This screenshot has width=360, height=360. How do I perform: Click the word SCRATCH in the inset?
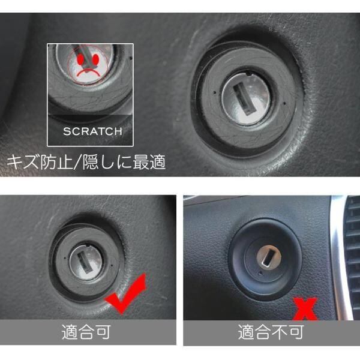click(92, 131)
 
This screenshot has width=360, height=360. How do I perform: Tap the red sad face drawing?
click(88, 65)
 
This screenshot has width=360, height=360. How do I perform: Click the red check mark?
click(125, 293)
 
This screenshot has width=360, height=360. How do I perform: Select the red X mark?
click(305, 308)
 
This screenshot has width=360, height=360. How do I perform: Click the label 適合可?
click(86, 332)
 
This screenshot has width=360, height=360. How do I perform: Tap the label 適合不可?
click(271, 332)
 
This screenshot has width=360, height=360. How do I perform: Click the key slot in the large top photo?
click(244, 99)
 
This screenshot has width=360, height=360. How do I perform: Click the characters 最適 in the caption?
click(149, 162)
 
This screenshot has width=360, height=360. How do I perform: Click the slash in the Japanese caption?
click(77, 162)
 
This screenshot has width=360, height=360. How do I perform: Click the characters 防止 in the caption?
click(56, 162)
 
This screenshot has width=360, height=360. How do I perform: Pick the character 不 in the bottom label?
click(280, 332)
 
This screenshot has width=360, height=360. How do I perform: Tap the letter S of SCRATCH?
click(67, 131)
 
